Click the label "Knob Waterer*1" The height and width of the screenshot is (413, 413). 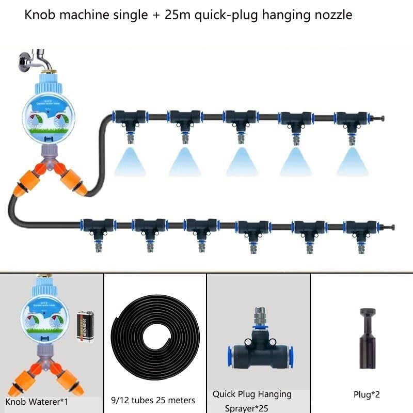[x=37, y=401]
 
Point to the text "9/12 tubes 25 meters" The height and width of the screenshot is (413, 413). [x=153, y=400]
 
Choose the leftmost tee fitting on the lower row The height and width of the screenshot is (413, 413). [x=97, y=228]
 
